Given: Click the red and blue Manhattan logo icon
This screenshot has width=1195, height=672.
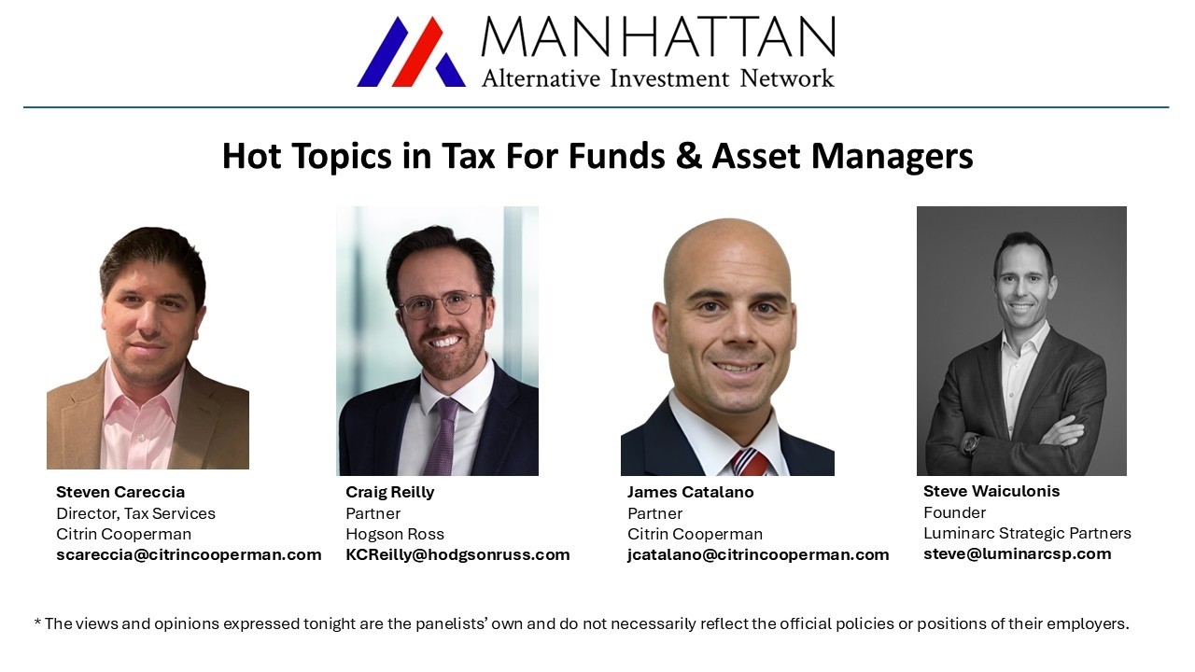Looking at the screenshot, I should (411, 52).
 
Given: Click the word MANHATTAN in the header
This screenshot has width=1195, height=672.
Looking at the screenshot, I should (657, 37).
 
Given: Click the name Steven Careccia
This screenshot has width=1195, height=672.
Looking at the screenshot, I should (120, 492).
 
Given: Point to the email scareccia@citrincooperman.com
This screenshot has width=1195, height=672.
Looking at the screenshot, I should (189, 554).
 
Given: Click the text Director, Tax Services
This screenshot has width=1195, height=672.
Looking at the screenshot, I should (135, 513).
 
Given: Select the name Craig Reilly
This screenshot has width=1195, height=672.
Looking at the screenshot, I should (389, 492).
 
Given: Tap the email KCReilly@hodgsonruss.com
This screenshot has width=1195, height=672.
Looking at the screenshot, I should (457, 554).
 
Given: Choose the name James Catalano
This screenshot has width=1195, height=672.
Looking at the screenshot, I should (690, 492).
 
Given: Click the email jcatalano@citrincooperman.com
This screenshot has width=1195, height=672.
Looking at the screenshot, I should (758, 554).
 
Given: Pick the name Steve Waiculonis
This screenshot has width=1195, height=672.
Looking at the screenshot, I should (991, 491).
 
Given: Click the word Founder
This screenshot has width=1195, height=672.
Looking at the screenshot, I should (954, 512).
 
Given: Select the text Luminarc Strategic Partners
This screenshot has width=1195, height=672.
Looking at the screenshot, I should (1027, 533).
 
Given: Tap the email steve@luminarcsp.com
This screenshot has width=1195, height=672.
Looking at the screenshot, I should (1017, 553).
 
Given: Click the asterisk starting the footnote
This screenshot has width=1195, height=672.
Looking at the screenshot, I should (37, 623).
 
